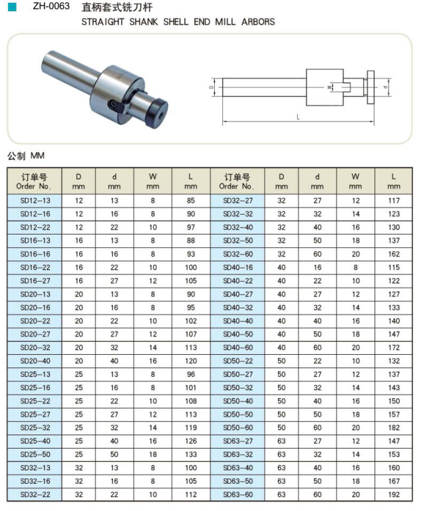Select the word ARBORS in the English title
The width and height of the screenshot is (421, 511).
pos(259,22)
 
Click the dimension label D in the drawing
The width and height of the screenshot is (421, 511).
pos(211,86)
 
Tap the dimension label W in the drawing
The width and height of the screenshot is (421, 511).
pos(328,86)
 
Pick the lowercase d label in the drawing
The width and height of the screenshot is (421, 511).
pos(386,86)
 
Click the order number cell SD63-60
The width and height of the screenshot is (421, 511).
pos(237,494)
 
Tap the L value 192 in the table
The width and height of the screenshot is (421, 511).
pos(394,494)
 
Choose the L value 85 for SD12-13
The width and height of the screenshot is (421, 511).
pos(191,200)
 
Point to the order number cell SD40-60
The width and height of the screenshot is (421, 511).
pos(237,347)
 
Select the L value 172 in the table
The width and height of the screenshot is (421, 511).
pos(394,347)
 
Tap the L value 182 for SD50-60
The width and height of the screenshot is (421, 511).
pos(394,427)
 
